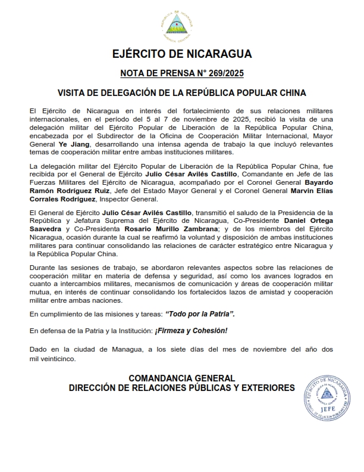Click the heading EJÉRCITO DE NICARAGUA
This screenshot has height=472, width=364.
[x=182, y=54]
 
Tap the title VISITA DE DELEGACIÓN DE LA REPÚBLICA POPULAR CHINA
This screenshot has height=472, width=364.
[x=182, y=93]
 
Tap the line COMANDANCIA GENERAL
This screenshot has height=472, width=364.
[x=182, y=378]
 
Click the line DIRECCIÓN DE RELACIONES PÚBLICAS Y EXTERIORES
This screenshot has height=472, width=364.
[x=182, y=387]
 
